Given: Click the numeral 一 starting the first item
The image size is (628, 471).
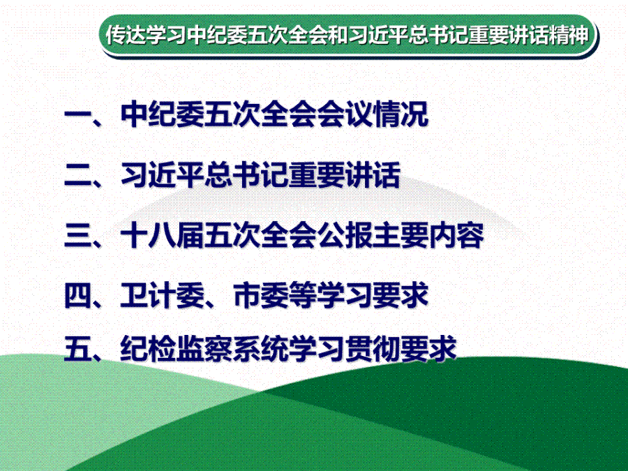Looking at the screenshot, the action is (77, 115).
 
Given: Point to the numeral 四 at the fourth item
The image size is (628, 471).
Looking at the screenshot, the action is (77, 296).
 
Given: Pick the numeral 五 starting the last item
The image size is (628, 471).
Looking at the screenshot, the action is (77, 348).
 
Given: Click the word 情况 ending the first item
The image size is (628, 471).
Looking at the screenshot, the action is (401, 114).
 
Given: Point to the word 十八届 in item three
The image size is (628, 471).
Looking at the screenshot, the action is (162, 235).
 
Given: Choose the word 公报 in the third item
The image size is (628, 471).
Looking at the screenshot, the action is (345, 235).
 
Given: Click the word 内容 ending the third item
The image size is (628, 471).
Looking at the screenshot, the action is (457, 235).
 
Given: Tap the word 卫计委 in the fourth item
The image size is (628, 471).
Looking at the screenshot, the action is (162, 296).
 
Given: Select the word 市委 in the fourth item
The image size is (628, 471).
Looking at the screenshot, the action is (261, 296).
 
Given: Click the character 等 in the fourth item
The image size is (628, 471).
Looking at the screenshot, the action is (302, 296).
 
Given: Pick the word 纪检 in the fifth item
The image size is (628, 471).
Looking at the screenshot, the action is (148, 348).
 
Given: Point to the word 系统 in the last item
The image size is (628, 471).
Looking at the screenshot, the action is (261, 348).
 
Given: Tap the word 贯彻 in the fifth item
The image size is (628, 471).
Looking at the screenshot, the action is (373, 348).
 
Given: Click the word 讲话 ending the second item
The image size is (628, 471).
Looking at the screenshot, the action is (373, 175).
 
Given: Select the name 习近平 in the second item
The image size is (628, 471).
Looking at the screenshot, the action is (162, 175).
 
